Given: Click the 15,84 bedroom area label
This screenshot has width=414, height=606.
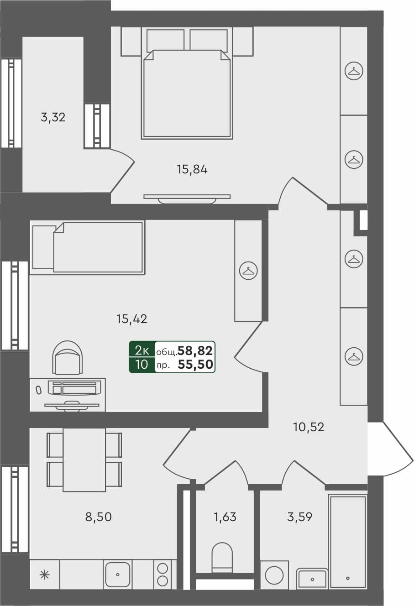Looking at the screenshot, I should (x=192, y=170).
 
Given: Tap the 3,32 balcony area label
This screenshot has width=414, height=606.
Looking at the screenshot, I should (x=53, y=117).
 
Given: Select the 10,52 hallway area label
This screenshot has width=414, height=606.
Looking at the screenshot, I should (x=309, y=427).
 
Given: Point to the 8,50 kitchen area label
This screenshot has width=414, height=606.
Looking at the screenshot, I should (x=99, y=517).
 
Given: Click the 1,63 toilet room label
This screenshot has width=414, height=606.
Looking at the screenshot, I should (x=225, y=517).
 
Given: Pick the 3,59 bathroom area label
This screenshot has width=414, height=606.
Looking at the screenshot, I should (x=300, y=517).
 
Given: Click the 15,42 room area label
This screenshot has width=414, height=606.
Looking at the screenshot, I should (x=132, y=319).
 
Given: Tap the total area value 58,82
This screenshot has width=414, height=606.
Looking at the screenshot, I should (x=195, y=350).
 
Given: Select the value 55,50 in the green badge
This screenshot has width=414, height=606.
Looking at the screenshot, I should (x=195, y=365).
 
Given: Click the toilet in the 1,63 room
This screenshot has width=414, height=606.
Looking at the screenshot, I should (x=222, y=557).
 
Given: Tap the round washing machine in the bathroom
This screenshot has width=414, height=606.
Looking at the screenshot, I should (x=274, y=575).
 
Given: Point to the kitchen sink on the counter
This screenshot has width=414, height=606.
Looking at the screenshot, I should (x=118, y=575).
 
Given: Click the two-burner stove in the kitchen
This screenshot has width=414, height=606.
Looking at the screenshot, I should (x=162, y=575).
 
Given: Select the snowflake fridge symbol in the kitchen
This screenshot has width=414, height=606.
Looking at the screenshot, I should (x=45, y=575).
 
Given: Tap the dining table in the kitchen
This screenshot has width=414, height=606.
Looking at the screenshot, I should (x=84, y=460).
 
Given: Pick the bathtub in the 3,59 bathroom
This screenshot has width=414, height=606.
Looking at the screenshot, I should (x=348, y=542).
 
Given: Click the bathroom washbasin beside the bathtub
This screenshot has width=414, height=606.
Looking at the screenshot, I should (x=312, y=579).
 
